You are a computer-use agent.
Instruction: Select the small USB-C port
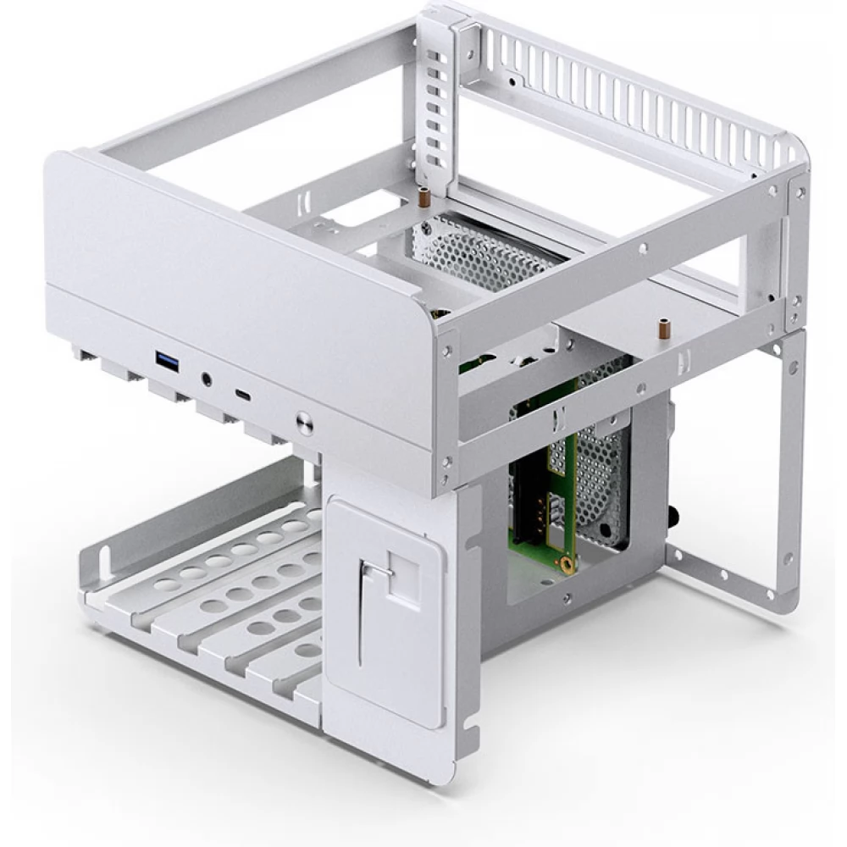(x=243, y=395)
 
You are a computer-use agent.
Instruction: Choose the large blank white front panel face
(x=229, y=254)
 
